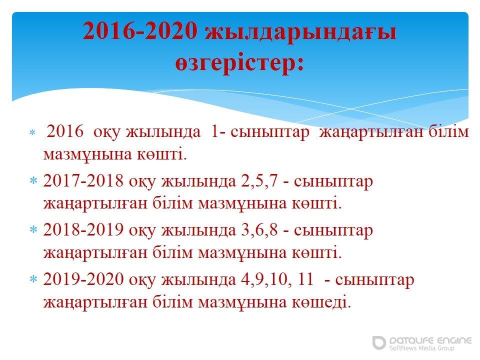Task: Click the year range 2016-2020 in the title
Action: point(140,31)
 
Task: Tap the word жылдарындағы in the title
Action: point(300,33)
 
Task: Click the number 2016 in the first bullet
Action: point(65,131)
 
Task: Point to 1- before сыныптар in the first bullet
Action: point(217,131)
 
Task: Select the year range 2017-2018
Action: point(83,180)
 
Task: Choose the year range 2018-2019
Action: point(83,229)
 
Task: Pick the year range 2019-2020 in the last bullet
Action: point(83,279)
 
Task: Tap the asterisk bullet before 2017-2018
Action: point(33,180)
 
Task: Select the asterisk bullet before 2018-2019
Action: point(33,230)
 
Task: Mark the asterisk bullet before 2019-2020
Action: point(33,279)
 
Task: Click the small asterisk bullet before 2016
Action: point(32,132)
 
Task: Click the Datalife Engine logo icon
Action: point(379,342)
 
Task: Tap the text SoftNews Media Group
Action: point(421,348)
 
